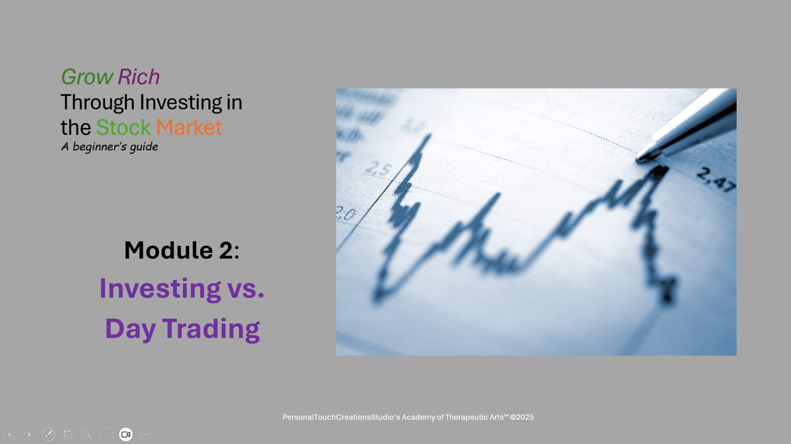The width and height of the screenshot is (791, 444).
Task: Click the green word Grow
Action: [x=87, y=76]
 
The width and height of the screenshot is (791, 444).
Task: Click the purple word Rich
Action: [x=138, y=76]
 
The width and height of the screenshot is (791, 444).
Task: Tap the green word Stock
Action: [x=123, y=127]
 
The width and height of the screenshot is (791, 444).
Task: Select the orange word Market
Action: [x=189, y=127]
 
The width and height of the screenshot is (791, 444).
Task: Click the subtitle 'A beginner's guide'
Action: [x=110, y=147]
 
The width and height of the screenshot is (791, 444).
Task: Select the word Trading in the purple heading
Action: [x=211, y=329]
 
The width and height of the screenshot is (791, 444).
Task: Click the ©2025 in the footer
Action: [x=522, y=417]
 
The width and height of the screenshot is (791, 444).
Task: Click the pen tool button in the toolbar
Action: [x=49, y=435]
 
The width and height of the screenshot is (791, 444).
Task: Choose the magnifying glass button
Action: [x=87, y=435]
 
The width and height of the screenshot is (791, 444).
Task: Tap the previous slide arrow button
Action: [x=9, y=435]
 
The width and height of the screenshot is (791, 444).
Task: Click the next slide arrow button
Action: [x=29, y=435]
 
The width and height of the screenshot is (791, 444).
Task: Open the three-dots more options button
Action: [x=145, y=435]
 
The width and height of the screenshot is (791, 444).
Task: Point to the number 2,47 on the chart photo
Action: [x=716, y=180]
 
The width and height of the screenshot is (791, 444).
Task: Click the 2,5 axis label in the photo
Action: [x=378, y=169]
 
